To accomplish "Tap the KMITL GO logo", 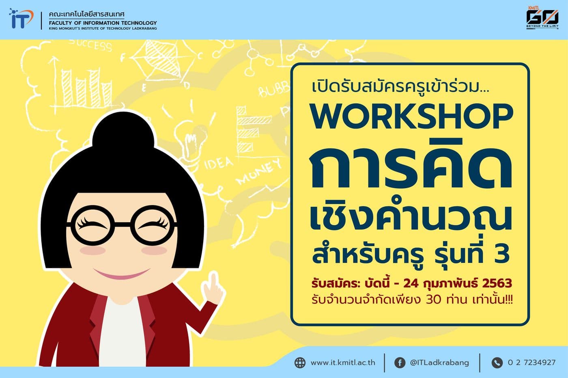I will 542,18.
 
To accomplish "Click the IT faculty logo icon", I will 21,19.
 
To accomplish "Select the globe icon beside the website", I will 300,362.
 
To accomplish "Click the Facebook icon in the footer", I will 400,362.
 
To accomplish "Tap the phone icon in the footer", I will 497,362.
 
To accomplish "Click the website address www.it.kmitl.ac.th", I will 343,363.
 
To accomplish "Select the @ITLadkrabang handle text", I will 439,363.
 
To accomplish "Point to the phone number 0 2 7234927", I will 531,363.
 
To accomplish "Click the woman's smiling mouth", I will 121,274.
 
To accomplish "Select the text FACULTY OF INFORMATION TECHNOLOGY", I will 103,23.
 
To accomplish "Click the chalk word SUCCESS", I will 90,45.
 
